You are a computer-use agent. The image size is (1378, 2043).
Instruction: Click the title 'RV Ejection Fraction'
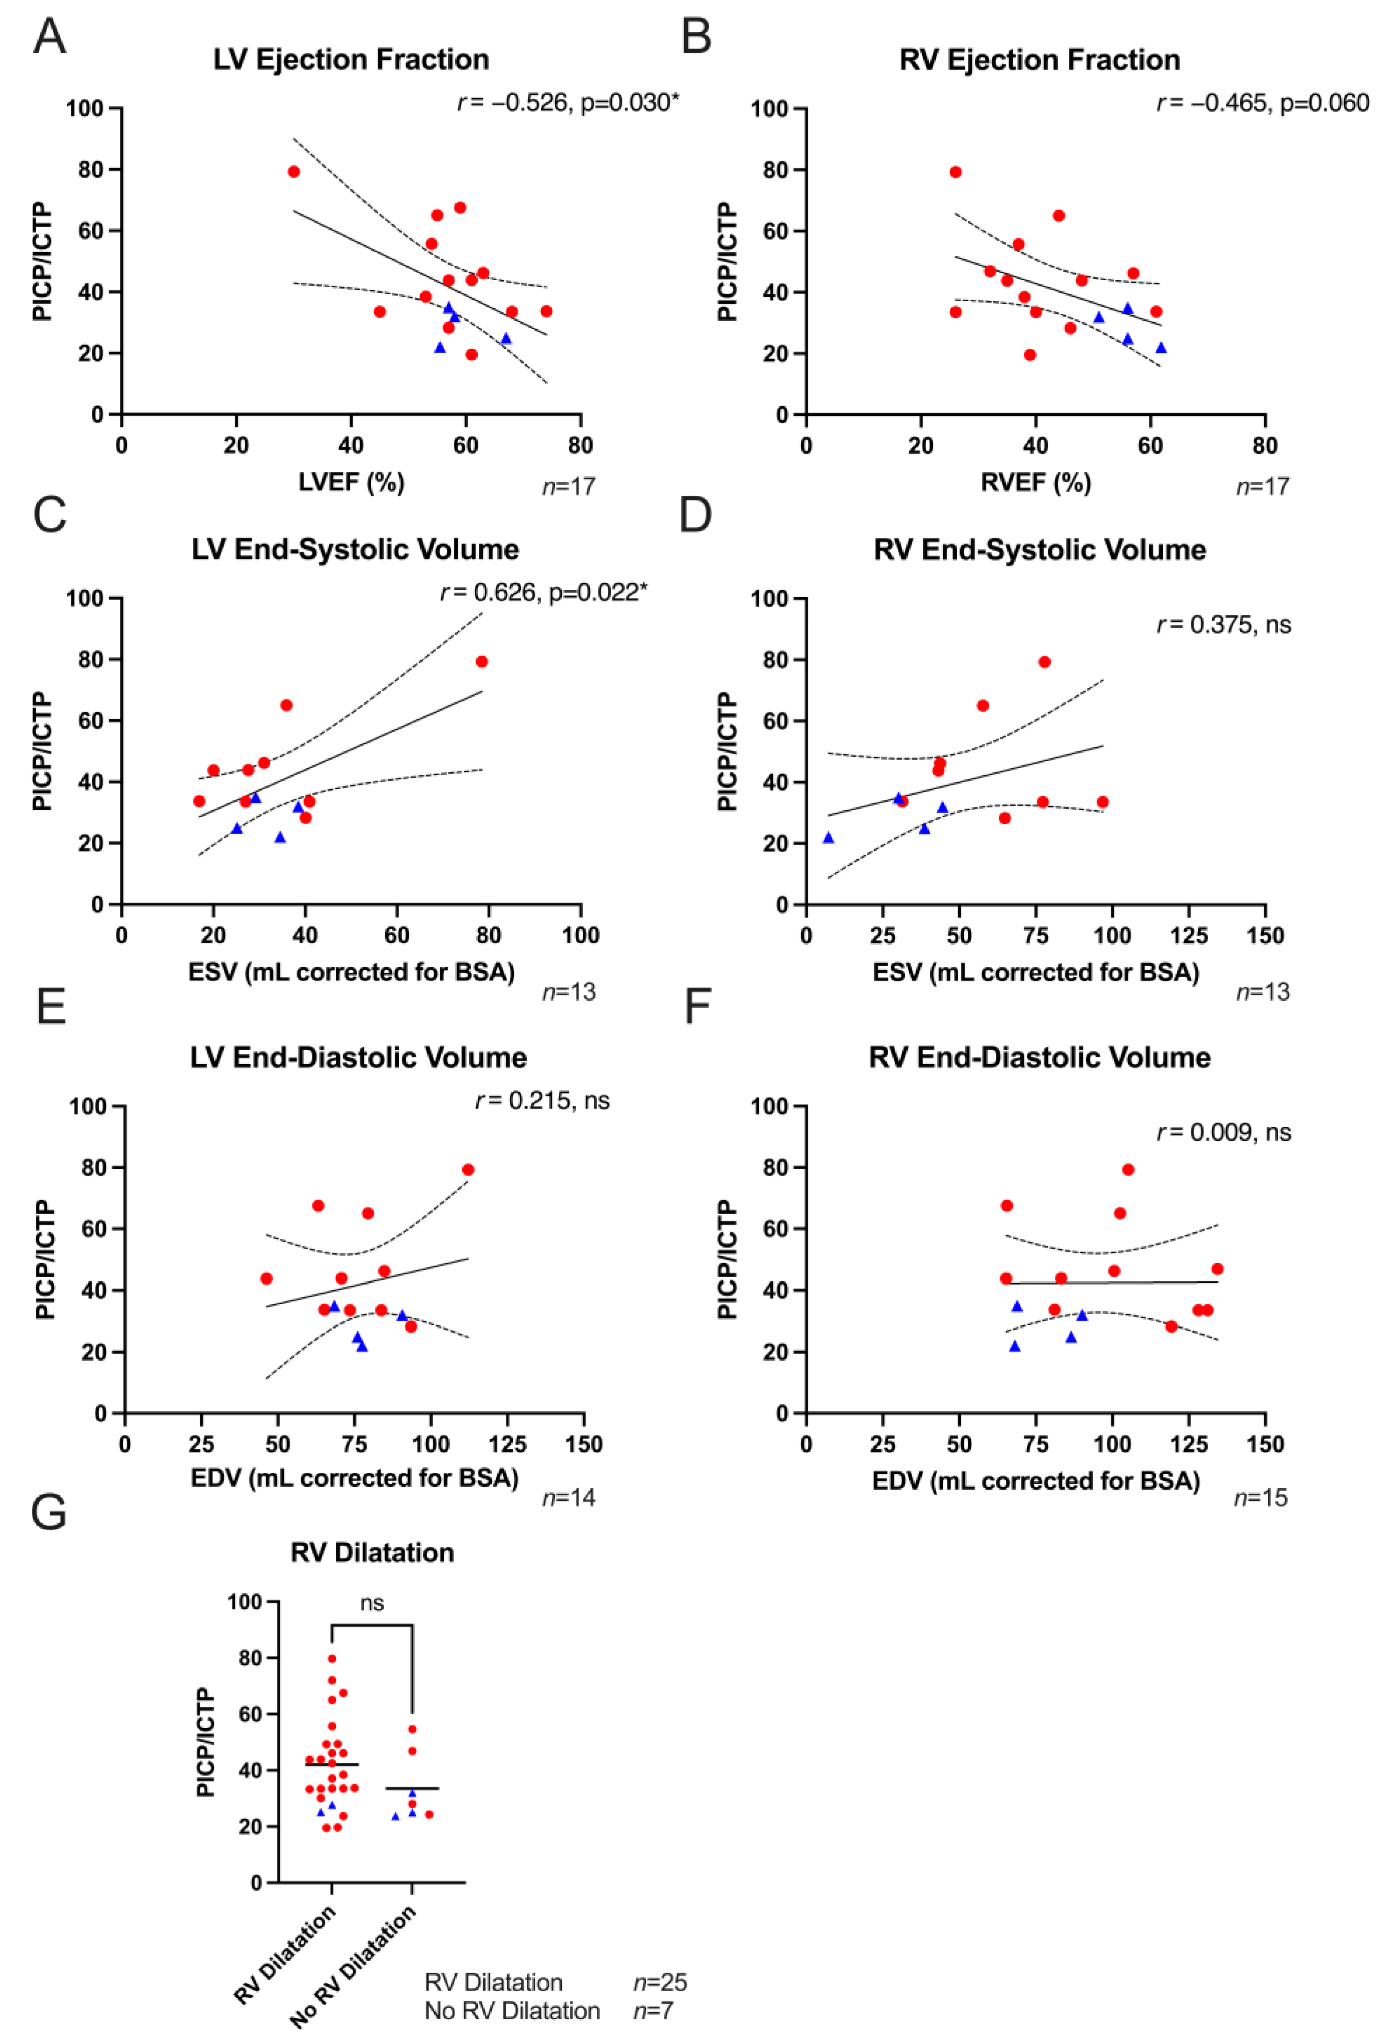[x=1039, y=60]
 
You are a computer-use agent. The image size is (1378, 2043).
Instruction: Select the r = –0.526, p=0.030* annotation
[x=568, y=103]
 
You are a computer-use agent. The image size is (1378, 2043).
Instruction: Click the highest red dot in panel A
[x=294, y=171]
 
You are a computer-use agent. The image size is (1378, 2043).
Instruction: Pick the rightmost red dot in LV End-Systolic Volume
[x=481, y=662]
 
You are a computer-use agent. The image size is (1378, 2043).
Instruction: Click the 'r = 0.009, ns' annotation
[x=1223, y=1132]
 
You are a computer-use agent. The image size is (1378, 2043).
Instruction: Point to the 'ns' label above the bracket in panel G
[x=372, y=1603]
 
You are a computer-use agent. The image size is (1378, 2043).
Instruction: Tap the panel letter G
[x=49, y=1513]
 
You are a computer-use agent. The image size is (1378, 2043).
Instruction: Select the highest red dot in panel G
[x=332, y=1658]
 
